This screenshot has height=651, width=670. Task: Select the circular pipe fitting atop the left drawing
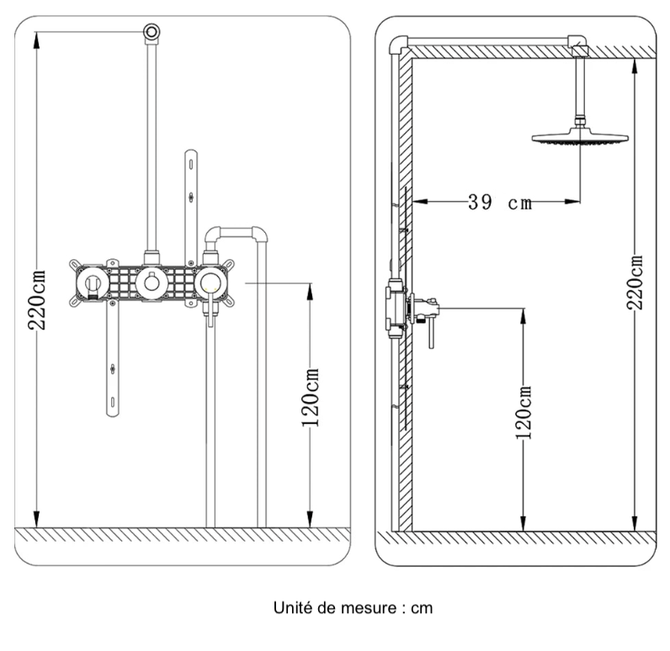pos(152,32)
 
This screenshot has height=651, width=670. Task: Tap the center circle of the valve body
pos(152,283)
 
